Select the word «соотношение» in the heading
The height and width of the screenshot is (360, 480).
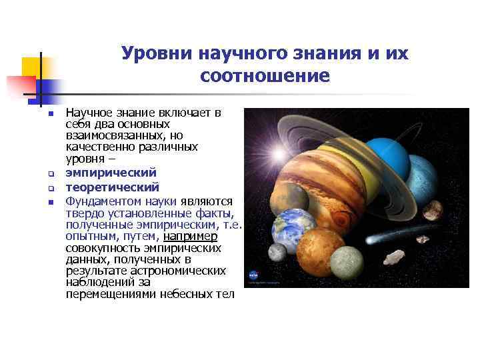tap(265, 76)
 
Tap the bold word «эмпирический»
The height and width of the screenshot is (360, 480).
tap(111, 173)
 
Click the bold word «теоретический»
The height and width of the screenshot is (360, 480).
tap(113, 187)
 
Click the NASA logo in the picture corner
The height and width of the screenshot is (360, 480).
tap(253, 274)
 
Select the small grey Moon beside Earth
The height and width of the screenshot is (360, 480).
tap(275, 252)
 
